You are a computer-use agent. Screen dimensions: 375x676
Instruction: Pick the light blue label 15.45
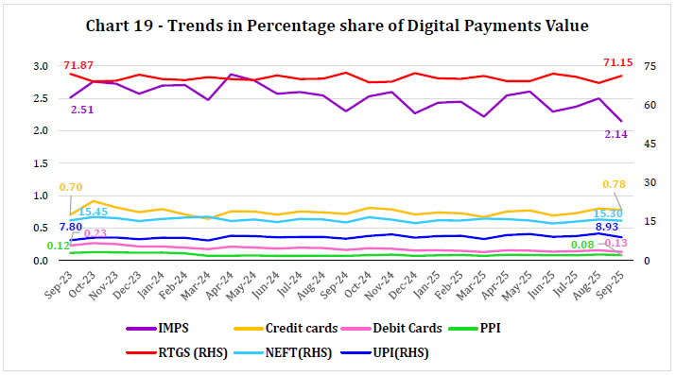pos(93,212)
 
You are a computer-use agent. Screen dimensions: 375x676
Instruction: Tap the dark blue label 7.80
pos(70,227)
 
